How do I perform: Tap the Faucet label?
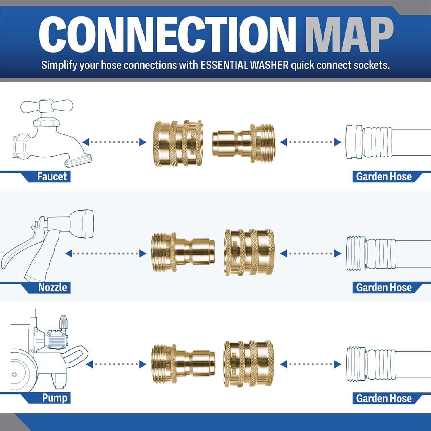click(52, 176)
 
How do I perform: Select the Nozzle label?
click(52, 287)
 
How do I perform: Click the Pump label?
click(54, 398)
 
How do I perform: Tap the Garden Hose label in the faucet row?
click(384, 176)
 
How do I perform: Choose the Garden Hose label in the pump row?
click(384, 398)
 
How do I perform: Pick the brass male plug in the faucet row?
click(243, 143)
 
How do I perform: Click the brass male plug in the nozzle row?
click(183, 252)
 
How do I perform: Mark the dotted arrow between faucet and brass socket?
click(114, 142)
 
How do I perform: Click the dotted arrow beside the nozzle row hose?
click(311, 253)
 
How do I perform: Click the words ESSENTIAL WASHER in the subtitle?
click(244, 65)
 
